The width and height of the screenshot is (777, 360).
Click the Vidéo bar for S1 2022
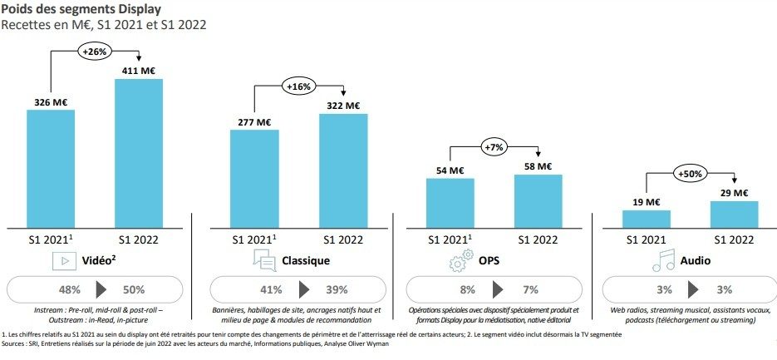(139, 153)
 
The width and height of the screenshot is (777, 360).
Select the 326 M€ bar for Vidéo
(52, 167)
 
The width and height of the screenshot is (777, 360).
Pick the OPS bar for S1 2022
(538, 200)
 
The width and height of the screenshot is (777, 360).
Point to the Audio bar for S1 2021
(646, 219)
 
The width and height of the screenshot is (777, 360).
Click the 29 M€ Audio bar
(735, 214)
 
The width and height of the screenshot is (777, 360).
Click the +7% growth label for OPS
(495, 147)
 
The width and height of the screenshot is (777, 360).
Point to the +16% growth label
(299, 86)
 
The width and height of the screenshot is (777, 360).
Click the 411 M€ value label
(140, 71)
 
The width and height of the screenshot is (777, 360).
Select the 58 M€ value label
(538, 166)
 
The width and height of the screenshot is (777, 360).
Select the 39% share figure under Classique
(337, 290)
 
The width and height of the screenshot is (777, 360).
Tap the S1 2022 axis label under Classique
(343, 239)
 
